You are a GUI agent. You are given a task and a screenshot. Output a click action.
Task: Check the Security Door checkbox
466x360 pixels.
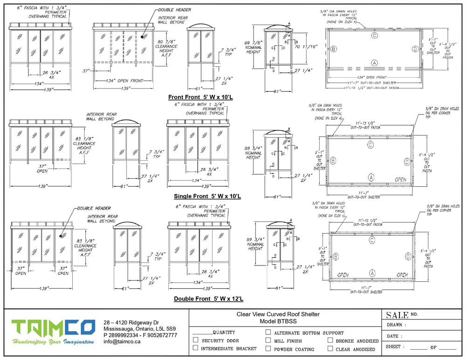(x=196, y=340)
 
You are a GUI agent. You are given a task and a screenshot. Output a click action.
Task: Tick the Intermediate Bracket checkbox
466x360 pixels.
(x=196, y=348)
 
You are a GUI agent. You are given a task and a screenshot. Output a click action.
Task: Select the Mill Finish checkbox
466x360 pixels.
(x=268, y=340)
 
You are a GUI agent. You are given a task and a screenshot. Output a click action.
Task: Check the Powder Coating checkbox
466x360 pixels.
(x=268, y=348)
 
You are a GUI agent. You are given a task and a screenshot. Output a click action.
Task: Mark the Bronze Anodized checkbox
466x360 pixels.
(x=330, y=340)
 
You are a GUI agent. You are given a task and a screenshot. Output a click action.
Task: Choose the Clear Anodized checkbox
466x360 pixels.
(x=330, y=348)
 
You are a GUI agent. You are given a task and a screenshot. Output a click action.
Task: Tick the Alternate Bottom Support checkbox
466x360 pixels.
(x=268, y=333)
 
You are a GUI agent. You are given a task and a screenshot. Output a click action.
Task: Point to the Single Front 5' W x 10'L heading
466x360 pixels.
(x=207, y=196)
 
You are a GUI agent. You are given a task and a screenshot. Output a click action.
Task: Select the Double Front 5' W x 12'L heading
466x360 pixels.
(x=208, y=299)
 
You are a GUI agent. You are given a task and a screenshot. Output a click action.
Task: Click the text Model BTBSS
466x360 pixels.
(x=278, y=321)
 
